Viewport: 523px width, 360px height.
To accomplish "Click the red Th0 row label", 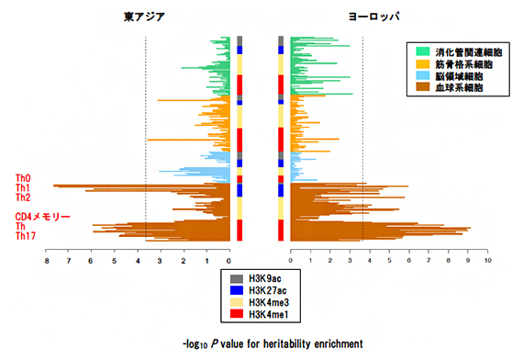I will coord(22,178).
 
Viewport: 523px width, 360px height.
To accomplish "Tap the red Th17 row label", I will coord(25,236).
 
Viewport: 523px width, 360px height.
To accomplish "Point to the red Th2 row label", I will coord(22,197).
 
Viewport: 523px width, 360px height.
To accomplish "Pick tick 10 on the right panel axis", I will coord(487,260).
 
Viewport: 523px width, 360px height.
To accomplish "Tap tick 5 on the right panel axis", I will coord(389,260).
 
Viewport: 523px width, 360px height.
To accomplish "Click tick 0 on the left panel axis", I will coord(228,260).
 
